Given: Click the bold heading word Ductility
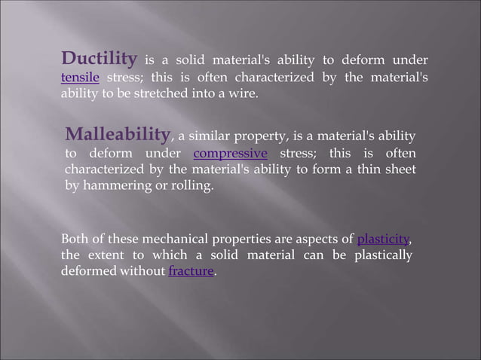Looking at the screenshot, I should point(99,59).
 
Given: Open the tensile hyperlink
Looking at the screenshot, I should point(78,78).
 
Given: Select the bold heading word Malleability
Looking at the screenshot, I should point(117,135).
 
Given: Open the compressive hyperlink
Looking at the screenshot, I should point(231,154).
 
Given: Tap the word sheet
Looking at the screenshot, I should point(398,169).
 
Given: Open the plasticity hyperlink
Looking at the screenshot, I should point(383,239).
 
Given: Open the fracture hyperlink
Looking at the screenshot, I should point(191,271).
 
